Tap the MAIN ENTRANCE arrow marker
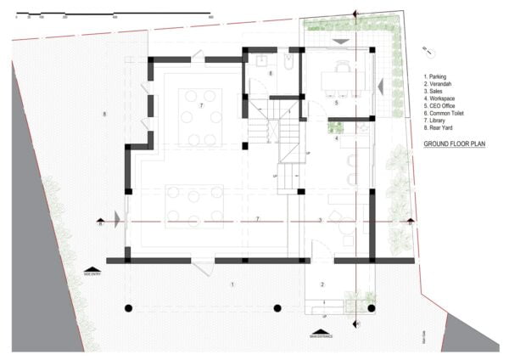[x=320, y=332]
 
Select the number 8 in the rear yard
[x=103, y=114]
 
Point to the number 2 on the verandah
[x=322, y=284]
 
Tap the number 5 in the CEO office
[x=336, y=103]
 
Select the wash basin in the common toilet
[x=262, y=60]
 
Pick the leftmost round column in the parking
[x=128, y=307]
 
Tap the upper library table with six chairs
[x=202, y=116]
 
